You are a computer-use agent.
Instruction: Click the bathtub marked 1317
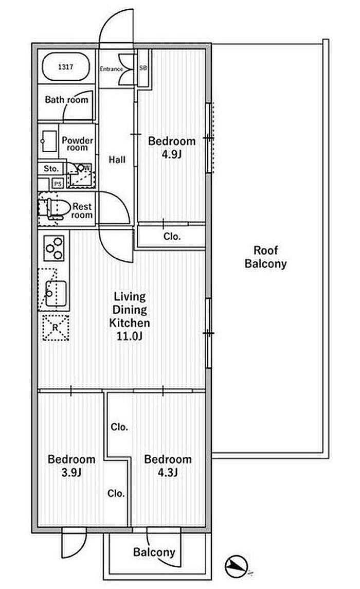click(66, 67)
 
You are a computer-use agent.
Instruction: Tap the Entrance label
click(111, 69)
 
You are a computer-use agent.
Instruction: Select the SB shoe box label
click(142, 68)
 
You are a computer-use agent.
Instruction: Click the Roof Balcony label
click(265, 257)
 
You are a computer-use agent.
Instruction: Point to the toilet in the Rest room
click(54, 208)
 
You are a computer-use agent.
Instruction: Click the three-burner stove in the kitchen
click(53, 248)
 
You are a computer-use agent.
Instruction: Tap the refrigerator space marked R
click(55, 328)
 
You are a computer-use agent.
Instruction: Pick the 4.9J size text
click(172, 154)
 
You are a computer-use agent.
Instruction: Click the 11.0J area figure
click(130, 336)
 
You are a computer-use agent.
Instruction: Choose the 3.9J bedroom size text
click(71, 472)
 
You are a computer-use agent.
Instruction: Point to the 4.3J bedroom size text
click(168, 472)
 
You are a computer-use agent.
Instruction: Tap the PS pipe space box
click(58, 184)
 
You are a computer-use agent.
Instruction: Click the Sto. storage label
click(51, 169)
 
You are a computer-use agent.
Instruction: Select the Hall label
click(117, 159)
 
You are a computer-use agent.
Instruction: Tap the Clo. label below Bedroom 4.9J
click(172, 237)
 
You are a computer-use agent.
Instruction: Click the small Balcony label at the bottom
click(154, 552)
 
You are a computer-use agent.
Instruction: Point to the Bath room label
click(66, 100)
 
